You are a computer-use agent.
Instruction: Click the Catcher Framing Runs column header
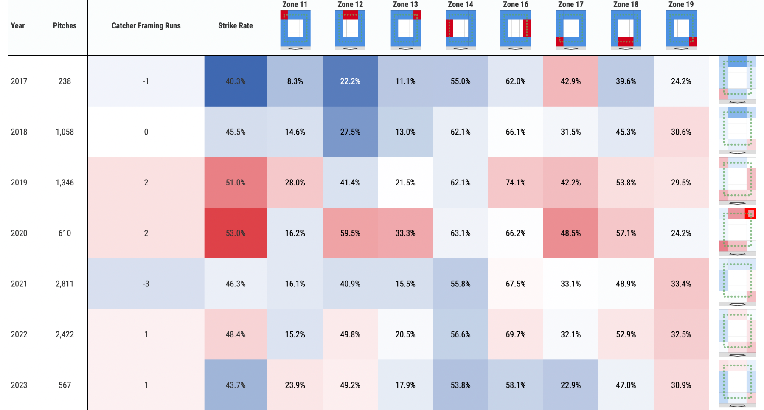click(146, 26)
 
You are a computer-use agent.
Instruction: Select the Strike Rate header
click(235, 26)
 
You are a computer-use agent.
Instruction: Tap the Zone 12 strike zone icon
click(350, 29)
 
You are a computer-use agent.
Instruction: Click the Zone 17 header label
click(570, 4)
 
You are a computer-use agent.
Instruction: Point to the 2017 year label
click(19, 81)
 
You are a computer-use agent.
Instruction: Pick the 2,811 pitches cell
click(65, 284)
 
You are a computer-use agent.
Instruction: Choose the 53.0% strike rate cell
click(236, 233)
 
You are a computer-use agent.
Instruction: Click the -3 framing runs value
click(146, 284)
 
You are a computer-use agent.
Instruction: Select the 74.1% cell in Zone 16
click(515, 183)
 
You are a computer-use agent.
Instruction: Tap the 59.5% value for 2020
click(350, 233)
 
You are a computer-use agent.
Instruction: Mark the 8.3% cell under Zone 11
click(295, 81)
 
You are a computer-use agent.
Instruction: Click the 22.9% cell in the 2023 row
click(570, 385)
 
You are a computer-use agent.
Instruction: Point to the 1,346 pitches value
click(65, 183)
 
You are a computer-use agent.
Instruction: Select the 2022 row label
click(19, 334)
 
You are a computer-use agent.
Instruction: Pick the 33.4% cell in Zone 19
click(681, 284)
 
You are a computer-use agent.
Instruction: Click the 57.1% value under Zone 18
click(626, 233)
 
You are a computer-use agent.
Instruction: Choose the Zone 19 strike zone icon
click(681, 29)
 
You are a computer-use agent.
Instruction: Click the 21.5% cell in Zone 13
click(405, 183)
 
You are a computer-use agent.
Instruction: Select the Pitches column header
click(65, 26)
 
